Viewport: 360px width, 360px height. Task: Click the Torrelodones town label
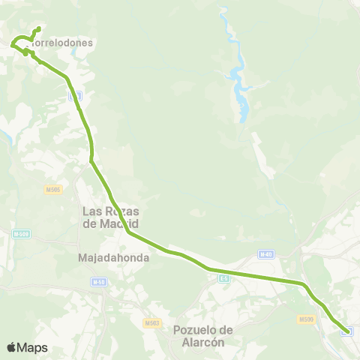(64, 43)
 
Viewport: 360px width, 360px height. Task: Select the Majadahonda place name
(114, 257)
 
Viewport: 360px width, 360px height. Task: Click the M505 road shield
(52, 188)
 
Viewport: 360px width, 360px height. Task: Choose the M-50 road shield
(97, 282)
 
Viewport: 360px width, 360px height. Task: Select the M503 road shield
(152, 322)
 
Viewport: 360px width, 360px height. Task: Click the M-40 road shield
(265, 254)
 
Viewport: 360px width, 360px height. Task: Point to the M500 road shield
(305, 319)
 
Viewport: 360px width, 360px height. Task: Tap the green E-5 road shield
(223, 278)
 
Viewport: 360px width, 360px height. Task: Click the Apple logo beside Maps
(11, 347)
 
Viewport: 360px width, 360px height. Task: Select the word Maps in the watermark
(32, 347)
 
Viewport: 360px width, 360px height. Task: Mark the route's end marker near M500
(346, 331)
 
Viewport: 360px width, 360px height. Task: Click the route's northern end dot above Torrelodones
(37, 29)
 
